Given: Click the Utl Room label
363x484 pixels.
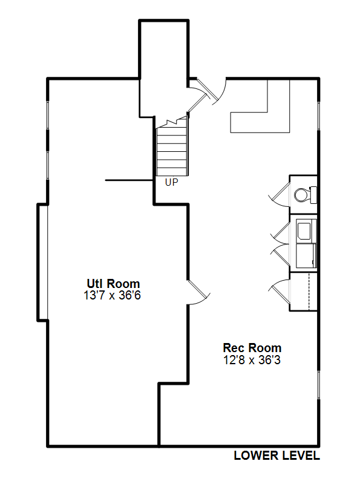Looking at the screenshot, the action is (x=113, y=284).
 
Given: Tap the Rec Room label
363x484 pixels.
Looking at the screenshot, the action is (x=252, y=348).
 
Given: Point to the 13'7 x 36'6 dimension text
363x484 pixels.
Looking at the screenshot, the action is (x=113, y=295).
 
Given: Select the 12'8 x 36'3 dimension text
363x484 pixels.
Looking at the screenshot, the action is (x=252, y=360).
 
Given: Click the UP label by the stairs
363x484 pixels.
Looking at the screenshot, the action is (x=172, y=183).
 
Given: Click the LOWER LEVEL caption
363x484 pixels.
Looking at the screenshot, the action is (x=277, y=456).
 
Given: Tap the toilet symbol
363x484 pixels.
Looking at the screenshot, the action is (x=306, y=195).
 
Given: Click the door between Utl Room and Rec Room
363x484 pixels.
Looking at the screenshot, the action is (x=199, y=292).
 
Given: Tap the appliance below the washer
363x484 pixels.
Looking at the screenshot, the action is (x=306, y=255).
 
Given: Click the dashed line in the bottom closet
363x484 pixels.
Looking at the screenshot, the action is (x=309, y=292).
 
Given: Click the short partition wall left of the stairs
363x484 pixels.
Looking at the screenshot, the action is (x=129, y=180).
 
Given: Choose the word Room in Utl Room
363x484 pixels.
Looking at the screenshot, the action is (x=123, y=284).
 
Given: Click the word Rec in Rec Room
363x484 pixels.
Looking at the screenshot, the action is (x=232, y=348).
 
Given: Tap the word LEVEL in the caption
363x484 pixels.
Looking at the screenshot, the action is (x=298, y=456).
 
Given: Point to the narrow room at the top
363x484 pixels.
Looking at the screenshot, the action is (x=163, y=68).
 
